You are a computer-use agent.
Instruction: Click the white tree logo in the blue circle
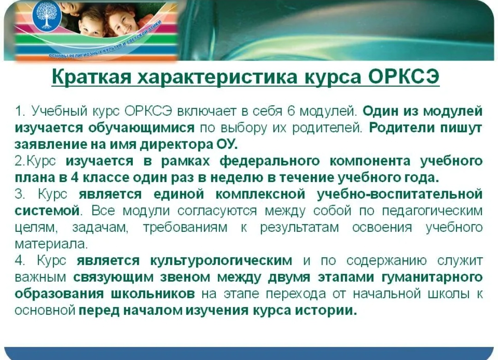(47, 16)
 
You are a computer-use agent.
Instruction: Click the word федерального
(270, 161)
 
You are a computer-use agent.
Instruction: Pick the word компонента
(370, 161)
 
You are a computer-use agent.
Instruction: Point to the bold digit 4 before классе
(75, 177)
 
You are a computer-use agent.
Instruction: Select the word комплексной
(261, 194)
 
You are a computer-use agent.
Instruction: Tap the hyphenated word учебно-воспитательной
(400, 194)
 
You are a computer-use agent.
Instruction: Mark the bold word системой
(47, 211)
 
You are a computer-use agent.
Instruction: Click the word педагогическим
(432, 211)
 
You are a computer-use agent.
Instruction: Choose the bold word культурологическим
(221, 260)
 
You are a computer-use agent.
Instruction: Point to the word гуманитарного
(432, 277)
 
